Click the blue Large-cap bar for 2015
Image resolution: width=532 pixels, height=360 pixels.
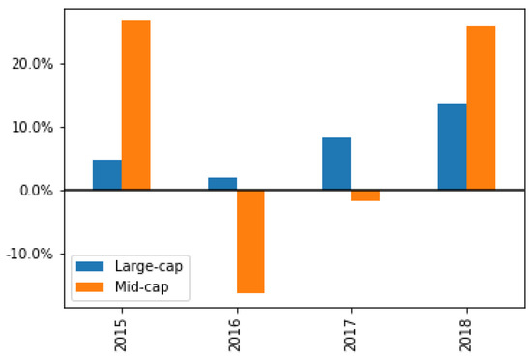[106, 175]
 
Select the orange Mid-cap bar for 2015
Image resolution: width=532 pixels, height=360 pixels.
[135, 105]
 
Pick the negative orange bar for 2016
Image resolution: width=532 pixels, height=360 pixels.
[251, 241]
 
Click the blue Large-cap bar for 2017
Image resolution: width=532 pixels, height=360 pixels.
[337, 164]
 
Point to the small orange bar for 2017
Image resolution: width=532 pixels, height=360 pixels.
[366, 195]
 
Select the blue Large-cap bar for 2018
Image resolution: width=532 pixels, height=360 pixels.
[452, 147]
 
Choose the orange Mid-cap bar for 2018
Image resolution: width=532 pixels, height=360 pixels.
[481, 108]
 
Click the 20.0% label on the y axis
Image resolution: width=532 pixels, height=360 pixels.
[38, 64]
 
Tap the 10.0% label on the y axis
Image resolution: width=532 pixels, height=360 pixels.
[38, 127]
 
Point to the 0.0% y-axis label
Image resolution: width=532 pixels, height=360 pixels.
[41, 191]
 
